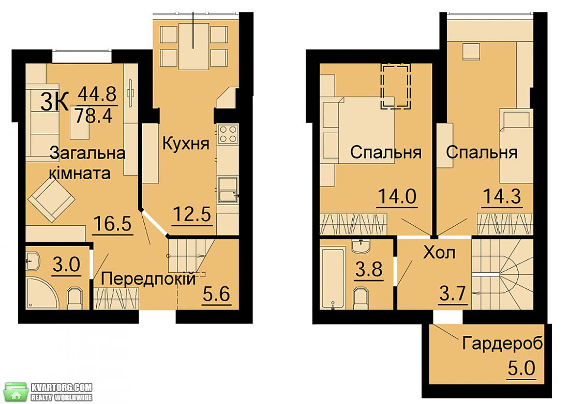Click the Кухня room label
[186, 144]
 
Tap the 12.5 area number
[192, 214]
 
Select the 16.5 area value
[112, 223]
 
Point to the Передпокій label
[148, 279]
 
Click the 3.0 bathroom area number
[66, 265]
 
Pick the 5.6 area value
[216, 293]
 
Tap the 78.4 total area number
[94, 116]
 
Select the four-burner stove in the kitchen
[228, 134]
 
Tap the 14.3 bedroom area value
[502, 196]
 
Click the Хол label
[439, 253]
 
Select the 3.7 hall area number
[453, 293]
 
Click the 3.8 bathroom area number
[369, 270]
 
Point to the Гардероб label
[503, 343]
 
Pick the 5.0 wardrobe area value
[521, 368]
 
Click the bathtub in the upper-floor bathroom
[333, 277]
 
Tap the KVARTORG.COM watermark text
[62, 387]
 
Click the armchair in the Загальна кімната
[52, 200]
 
